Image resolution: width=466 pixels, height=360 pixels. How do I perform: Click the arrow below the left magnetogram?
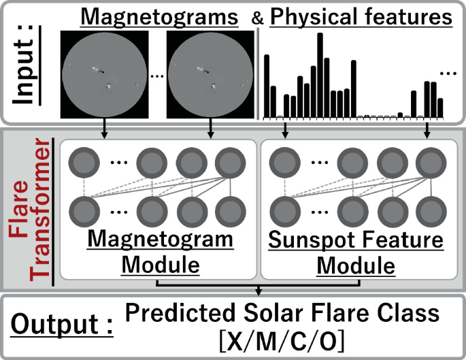[104, 127]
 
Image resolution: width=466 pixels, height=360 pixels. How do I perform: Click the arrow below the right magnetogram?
[210, 127]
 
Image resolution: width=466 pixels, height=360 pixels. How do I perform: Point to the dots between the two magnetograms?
[156, 76]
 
